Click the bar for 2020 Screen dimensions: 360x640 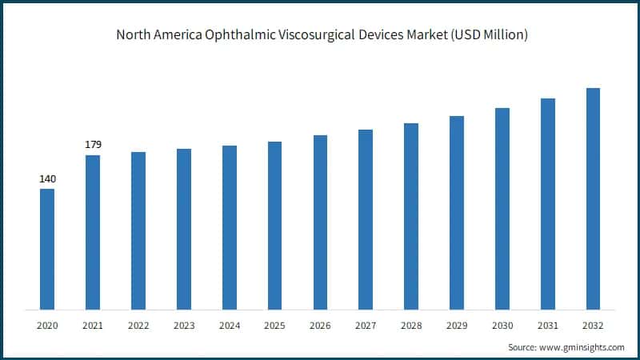point(47,249)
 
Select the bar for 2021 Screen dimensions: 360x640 point(93,232)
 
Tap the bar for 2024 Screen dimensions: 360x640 point(229,227)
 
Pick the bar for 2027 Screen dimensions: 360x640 point(366,219)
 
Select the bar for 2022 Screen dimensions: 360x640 point(138,230)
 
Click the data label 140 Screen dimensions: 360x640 point(47,178)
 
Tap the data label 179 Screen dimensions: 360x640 point(93,145)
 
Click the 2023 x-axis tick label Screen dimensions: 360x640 point(184,325)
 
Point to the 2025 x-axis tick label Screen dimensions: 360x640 point(274,325)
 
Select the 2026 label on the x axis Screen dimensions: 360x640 point(320,325)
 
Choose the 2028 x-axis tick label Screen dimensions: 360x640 point(411,325)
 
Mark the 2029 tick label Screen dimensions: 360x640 point(457,325)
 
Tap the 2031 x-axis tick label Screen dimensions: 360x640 point(547,325)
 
